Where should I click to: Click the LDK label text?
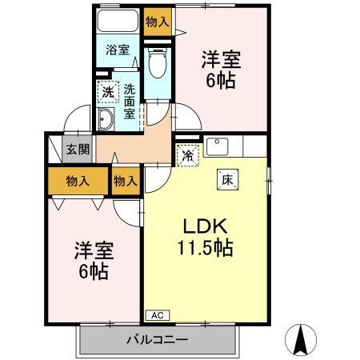coord(205,225)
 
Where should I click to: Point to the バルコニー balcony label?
coord(157,340)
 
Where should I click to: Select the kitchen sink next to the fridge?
coord(218,147)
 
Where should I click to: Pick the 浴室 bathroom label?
coord(118,50)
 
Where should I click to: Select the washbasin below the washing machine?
coord(106,120)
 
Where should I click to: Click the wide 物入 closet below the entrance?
coord(78,182)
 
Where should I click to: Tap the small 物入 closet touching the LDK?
coord(126,182)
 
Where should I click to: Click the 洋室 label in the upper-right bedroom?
coord(222,59)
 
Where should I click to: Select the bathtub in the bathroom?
coord(118,22)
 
